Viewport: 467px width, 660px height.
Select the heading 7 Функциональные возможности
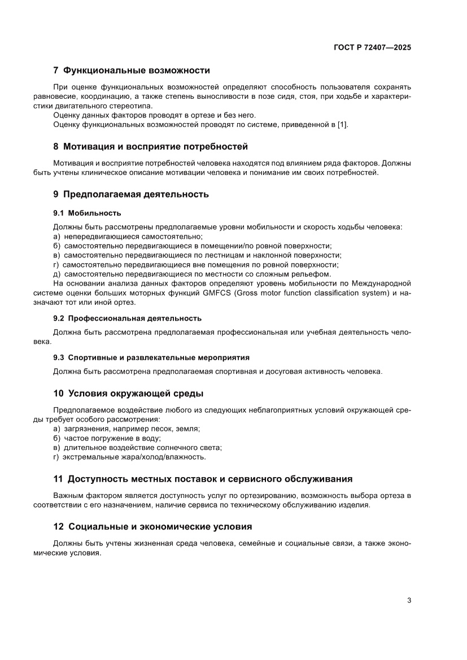pyautogui.click(x=131, y=71)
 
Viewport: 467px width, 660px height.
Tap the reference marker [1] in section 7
pyautogui.click(x=342, y=124)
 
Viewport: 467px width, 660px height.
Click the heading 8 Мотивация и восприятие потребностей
pyautogui.click(x=150, y=147)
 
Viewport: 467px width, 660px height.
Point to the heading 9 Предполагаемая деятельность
pyautogui.click(x=131, y=194)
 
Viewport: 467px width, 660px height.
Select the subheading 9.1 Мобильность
pyautogui.click(x=87, y=213)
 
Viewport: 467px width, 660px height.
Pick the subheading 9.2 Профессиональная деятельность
pyautogui.click(x=127, y=318)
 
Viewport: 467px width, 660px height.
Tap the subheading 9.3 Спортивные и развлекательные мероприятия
pyautogui.click(x=151, y=357)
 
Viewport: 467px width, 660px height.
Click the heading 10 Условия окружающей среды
pyautogui.click(x=128, y=393)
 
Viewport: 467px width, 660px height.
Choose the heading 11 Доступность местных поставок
pyautogui.click(x=203, y=479)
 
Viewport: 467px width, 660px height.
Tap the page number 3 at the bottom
pyautogui.click(x=408, y=600)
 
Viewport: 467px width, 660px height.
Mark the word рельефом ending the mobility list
pyautogui.click(x=314, y=274)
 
